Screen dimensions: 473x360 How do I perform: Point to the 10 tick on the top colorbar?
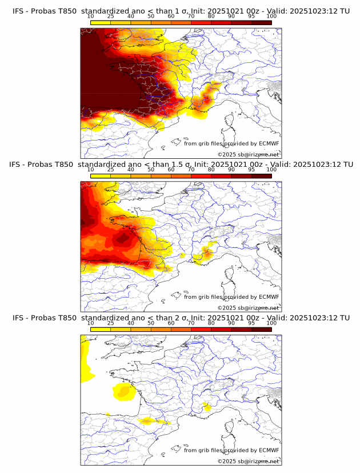point(91,16)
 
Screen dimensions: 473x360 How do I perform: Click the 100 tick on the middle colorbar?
point(271,170)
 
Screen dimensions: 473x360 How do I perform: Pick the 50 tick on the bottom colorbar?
point(151,323)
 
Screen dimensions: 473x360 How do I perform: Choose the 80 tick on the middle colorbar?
point(211,170)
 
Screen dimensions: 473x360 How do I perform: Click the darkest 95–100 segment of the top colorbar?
point(261,22)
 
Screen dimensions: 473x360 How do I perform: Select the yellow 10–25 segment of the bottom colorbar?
point(101,330)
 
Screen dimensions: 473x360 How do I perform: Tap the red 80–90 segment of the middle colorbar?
point(221,176)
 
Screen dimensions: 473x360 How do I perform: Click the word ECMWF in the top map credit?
point(269,143)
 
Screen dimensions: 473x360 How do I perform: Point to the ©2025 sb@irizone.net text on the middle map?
point(248,308)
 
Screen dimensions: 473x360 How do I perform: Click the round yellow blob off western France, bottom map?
point(123,391)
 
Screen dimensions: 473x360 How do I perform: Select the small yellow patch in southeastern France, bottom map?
point(207,407)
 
